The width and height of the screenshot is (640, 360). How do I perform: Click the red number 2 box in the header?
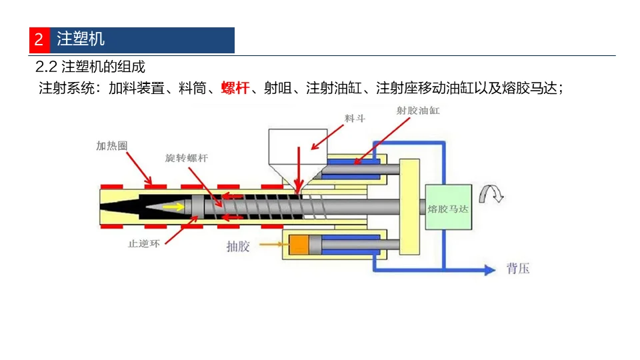(x=39, y=39)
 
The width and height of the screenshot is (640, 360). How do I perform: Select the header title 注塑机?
(x=81, y=39)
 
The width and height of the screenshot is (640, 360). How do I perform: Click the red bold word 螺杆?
(x=235, y=88)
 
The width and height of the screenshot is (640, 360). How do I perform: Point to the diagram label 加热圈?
(x=111, y=146)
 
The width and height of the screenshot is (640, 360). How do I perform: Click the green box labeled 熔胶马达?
(x=448, y=208)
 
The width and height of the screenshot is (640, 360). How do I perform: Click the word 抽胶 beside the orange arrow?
(x=238, y=247)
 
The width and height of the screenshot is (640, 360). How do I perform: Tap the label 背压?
(x=518, y=269)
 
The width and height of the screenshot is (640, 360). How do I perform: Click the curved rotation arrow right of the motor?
(x=493, y=193)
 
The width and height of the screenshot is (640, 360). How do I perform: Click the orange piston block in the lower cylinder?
(x=298, y=245)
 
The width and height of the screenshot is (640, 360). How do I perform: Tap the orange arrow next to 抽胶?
(x=270, y=245)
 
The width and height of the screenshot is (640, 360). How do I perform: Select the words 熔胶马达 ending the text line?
(x=535, y=88)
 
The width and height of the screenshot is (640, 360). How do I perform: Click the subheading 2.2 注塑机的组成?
(x=90, y=67)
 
